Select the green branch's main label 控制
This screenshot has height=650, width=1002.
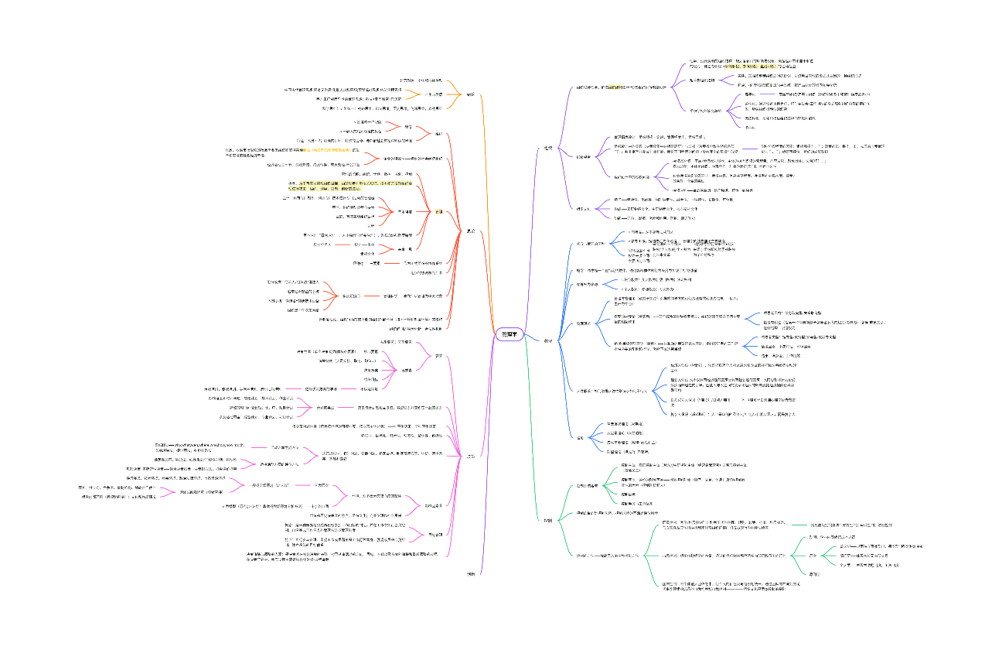[547, 519]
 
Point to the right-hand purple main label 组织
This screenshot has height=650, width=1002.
[547, 149]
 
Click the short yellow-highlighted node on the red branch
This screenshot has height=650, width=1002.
[438, 211]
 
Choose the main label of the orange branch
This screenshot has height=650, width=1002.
[470, 94]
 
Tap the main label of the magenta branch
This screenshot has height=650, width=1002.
[470, 457]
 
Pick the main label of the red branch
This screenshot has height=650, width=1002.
[470, 231]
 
